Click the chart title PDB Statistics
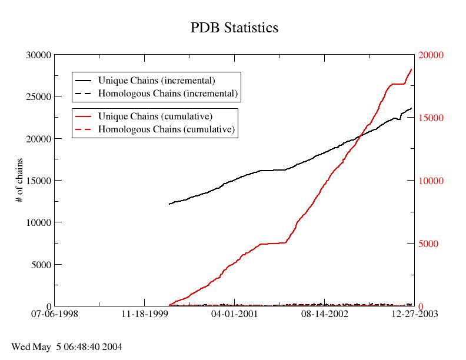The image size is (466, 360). tap(234, 28)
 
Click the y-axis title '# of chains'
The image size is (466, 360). tap(19, 181)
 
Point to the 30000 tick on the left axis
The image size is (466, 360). tap(39, 55)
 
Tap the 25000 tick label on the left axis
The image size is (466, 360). tap(39, 96)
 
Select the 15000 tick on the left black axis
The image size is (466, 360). tap(39, 181)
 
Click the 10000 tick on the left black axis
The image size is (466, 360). tap(39, 222)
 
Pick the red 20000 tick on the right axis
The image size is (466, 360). tap(431, 55)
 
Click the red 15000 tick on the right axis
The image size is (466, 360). tap(431, 118)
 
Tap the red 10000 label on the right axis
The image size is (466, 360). tap(431, 181)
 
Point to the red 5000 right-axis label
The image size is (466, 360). tap(428, 244)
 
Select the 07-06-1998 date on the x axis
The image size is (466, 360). tap(54, 315)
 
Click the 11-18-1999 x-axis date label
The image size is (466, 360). tap(144, 315)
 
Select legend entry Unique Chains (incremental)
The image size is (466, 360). tap(156, 80)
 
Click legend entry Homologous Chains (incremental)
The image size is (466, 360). tap(168, 93)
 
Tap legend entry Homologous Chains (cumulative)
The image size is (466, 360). tap(167, 129)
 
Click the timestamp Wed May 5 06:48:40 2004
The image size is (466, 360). tap(66, 347)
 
